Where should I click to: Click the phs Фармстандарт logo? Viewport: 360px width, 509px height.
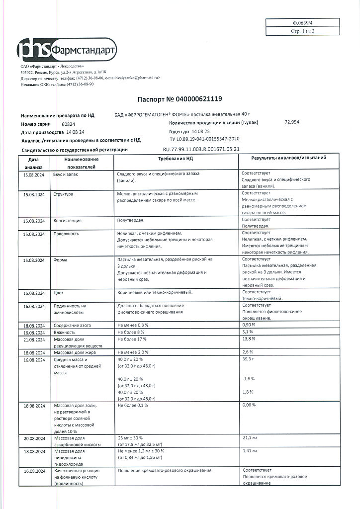(67, 50)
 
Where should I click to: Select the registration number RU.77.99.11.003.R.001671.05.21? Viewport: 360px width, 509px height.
(201, 149)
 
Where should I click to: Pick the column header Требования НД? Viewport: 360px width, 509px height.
(176, 158)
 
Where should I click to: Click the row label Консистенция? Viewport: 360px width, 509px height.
(67, 220)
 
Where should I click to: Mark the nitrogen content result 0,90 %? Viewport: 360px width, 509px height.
(249, 325)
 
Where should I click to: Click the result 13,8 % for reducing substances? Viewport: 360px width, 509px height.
(249, 339)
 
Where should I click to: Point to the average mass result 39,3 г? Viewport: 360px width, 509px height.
(248, 359)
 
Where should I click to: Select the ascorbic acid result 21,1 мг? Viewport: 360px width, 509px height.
(249, 438)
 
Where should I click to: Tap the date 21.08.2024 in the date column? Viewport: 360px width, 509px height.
(33, 339)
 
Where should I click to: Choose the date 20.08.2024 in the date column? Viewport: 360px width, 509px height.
(33, 438)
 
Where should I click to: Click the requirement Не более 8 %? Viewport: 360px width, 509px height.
(131, 332)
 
